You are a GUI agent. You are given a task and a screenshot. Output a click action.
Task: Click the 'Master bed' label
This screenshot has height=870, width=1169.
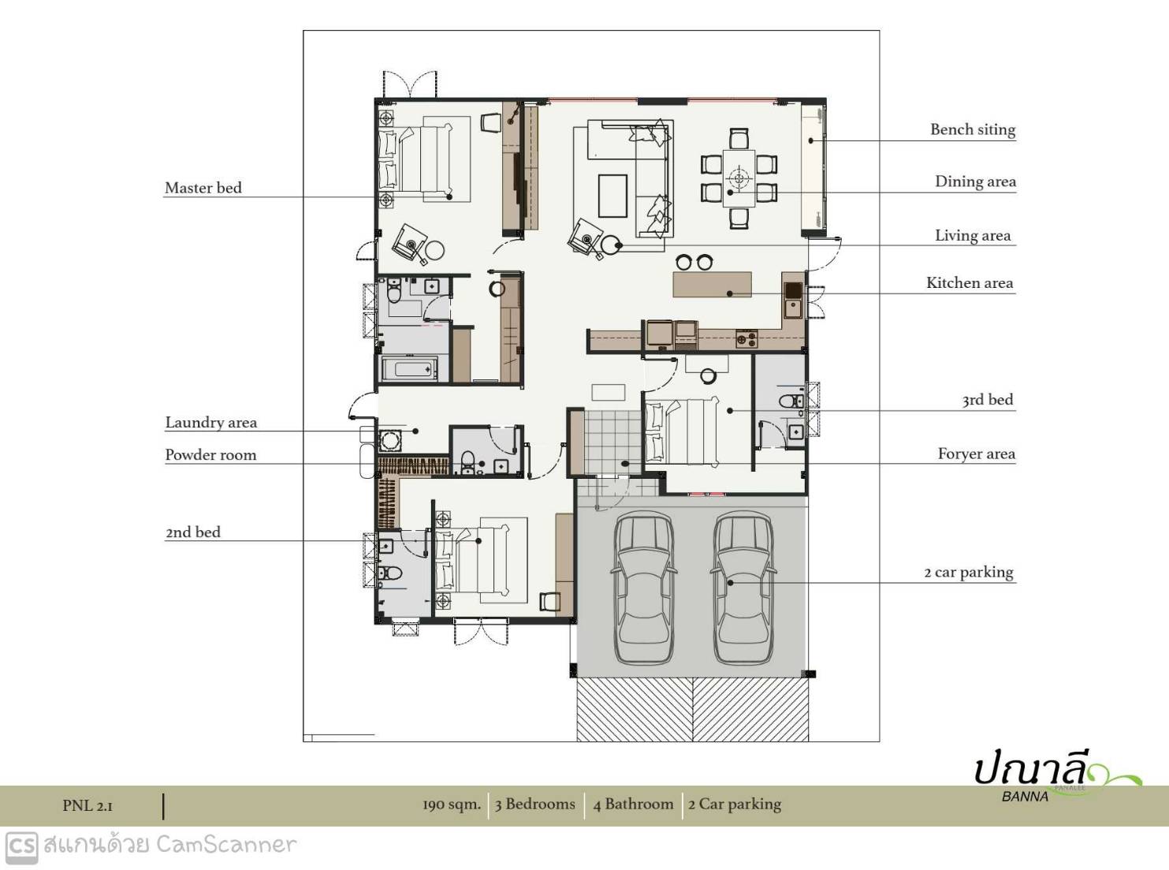(x=203, y=188)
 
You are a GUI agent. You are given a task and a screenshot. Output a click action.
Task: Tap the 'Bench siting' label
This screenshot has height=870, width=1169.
(x=973, y=130)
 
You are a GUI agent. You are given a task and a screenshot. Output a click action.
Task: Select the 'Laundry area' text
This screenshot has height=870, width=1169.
(x=210, y=423)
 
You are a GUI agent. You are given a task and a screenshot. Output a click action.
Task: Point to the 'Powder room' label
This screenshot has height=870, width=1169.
(x=210, y=455)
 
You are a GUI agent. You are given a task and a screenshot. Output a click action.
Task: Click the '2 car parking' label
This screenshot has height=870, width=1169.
(x=969, y=573)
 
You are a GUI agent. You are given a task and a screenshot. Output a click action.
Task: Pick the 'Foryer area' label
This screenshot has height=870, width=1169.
(x=976, y=454)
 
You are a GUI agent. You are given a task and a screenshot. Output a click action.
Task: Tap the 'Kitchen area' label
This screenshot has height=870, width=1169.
(x=970, y=283)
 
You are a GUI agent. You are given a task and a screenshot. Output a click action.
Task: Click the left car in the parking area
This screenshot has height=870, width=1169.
(x=644, y=588)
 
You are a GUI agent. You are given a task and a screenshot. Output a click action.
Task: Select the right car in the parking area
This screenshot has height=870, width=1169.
(x=743, y=588)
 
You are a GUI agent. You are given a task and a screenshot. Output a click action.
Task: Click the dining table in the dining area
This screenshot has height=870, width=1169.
(x=739, y=179)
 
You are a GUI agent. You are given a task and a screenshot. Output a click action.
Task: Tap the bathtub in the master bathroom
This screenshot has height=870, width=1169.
(x=410, y=368)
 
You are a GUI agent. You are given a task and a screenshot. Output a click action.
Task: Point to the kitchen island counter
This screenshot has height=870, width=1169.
(x=712, y=285)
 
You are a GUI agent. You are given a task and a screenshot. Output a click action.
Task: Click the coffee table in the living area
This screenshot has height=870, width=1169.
(x=612, y=196)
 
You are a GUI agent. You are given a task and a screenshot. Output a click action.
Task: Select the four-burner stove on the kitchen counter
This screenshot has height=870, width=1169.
(x=746, y=338)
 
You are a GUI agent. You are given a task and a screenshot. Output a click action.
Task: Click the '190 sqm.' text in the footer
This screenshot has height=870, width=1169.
(x=452, y=805)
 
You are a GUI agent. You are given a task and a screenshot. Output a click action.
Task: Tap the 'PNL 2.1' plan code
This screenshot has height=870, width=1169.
(x=87, y=805)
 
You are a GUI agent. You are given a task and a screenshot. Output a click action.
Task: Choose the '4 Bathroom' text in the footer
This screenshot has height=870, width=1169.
(x=633, y=804)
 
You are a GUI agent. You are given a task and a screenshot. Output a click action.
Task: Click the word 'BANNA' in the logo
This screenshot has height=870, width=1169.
(x=1025, y=797)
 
